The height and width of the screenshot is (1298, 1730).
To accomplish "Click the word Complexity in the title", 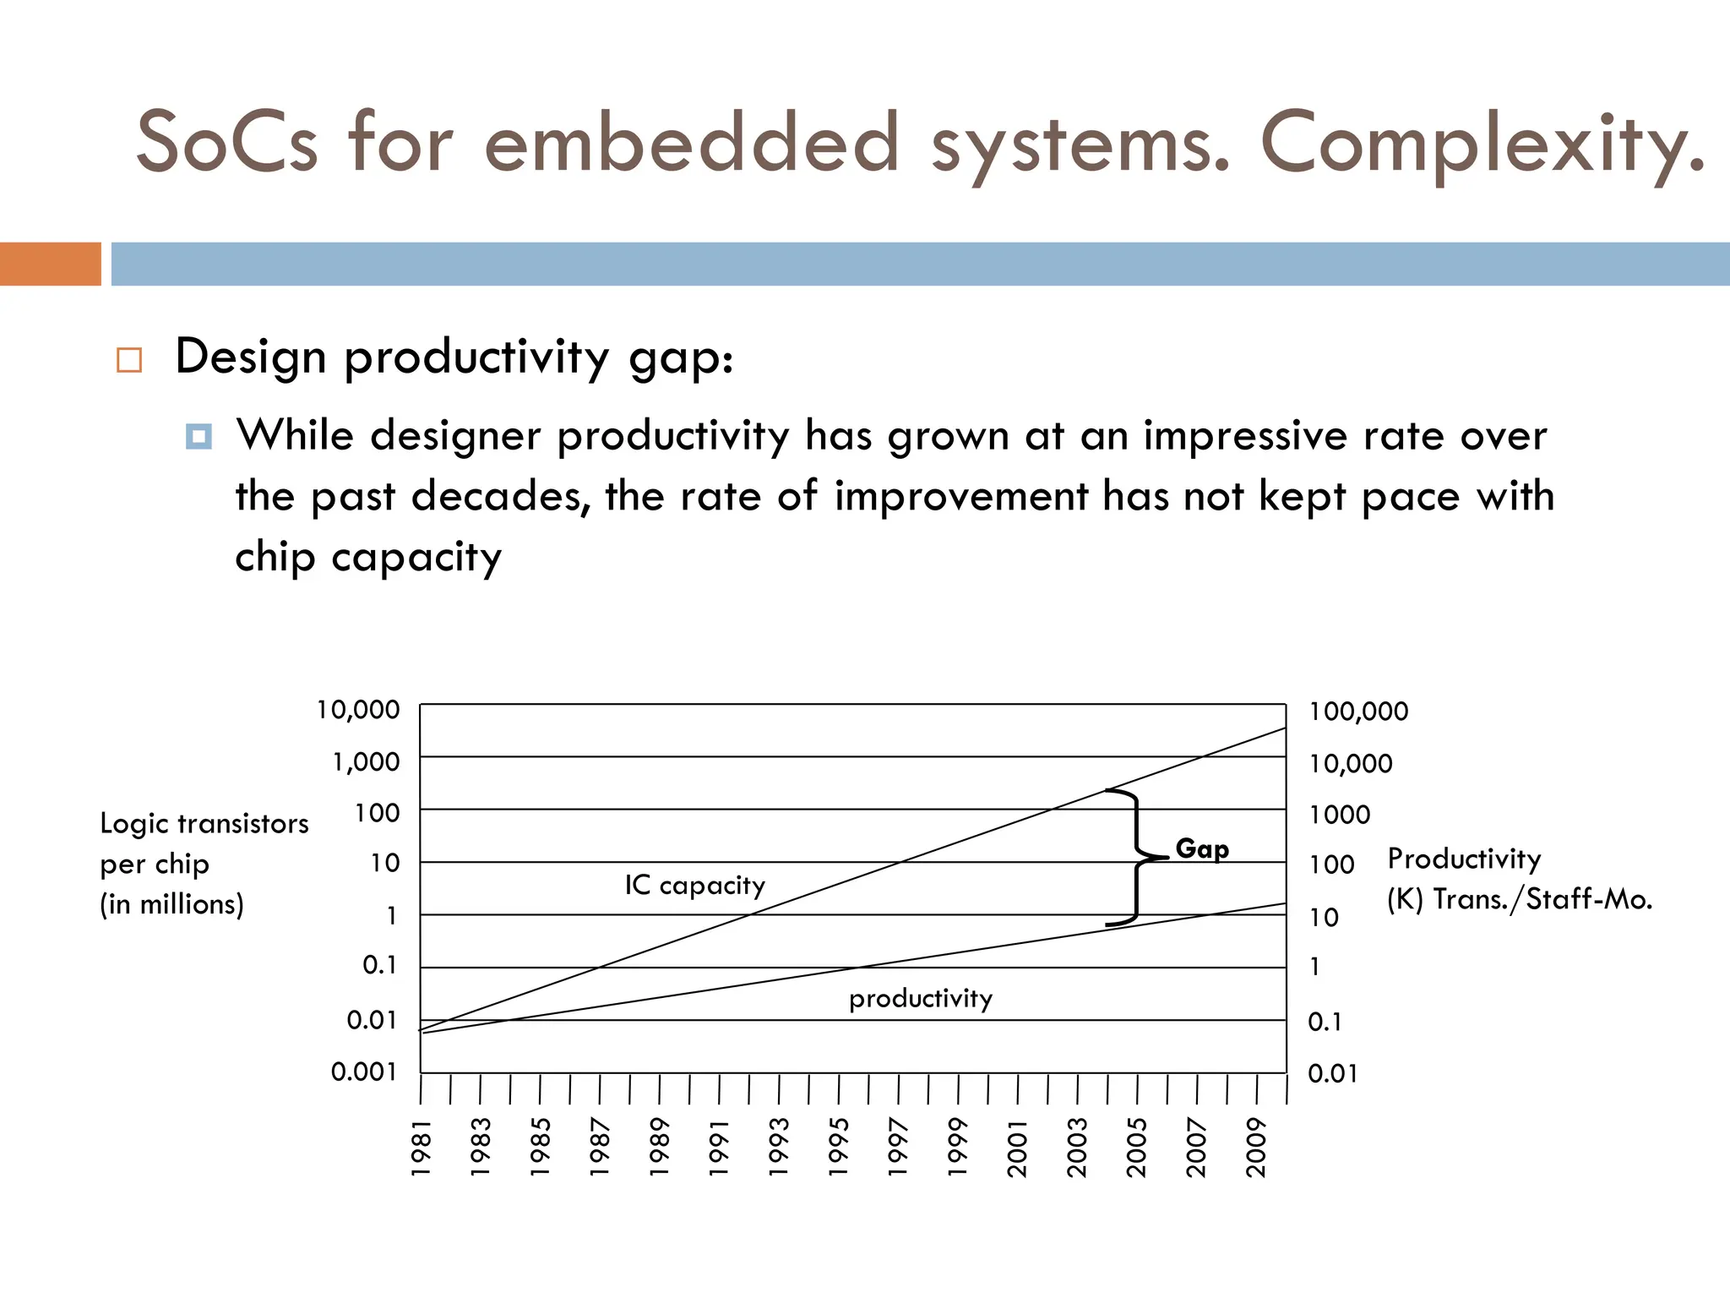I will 1482,144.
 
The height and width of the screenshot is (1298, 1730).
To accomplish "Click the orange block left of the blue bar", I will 50,264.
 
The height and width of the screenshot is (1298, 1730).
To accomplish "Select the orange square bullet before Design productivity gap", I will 129,360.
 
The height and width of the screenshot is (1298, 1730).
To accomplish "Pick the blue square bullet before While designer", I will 199,437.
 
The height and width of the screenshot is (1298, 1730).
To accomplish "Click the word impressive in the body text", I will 1246,436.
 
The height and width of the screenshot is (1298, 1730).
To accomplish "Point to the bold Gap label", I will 1202,848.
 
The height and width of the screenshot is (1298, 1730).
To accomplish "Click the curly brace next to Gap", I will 1136,857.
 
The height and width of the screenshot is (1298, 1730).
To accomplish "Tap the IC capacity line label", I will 694,885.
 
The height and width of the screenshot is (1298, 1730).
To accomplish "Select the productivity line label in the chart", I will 920,999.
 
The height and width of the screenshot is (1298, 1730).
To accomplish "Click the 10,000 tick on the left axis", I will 358,710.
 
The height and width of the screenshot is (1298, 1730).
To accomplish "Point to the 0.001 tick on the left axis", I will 363,1072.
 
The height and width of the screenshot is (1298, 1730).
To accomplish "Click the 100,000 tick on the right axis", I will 1358,712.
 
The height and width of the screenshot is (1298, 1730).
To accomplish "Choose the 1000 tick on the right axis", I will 1340,815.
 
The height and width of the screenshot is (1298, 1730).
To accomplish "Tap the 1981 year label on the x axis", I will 421,1148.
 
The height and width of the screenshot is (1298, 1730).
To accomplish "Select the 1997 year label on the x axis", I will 898,1148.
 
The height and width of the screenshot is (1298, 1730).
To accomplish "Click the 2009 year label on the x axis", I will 1256,1148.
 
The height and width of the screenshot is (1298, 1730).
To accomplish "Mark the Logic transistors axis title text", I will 204,823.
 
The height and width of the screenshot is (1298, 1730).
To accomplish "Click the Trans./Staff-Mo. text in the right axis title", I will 1542,899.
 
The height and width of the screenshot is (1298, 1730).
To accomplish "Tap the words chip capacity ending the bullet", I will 368,558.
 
